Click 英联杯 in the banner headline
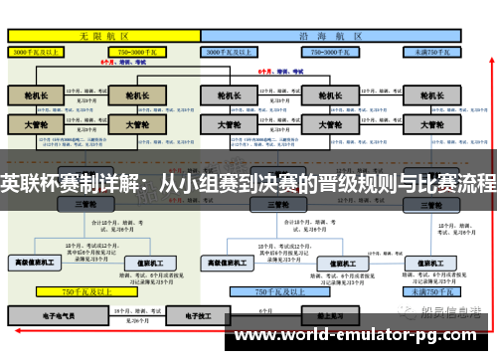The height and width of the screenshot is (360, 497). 26,183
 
